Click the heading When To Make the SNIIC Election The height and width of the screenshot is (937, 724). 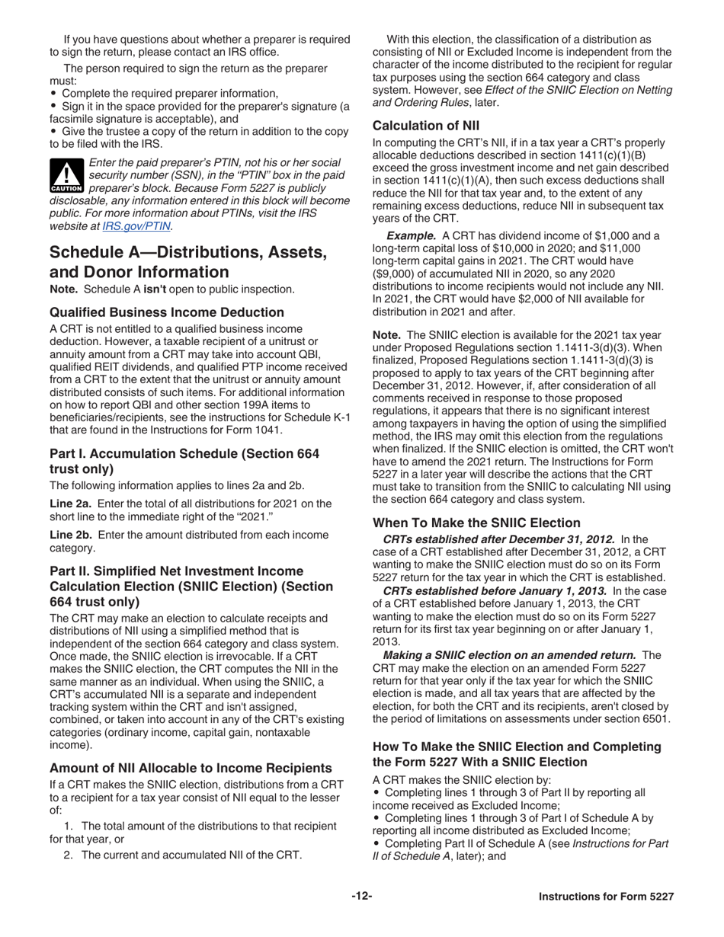pyautogui.click(x=477, y=523)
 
